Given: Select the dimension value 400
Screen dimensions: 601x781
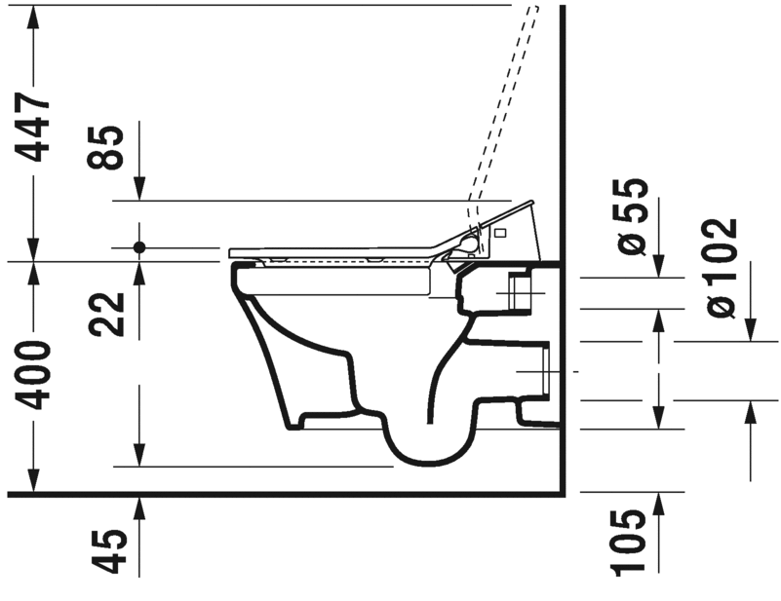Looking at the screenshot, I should [x=35, y=375].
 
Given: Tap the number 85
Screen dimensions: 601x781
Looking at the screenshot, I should [x=109, y=147].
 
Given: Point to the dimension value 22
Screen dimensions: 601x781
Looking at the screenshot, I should [x=109, y=314].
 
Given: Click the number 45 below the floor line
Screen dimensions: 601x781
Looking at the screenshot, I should [x=109, y=550].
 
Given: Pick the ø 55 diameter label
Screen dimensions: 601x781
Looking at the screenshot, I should [x=633, y=216].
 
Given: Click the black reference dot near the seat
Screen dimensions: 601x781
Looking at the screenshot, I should [x=139, y=247].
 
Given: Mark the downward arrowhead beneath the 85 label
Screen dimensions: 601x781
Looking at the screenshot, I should [x=139, y=192].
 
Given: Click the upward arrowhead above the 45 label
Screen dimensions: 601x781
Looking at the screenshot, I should [x=139, y=505].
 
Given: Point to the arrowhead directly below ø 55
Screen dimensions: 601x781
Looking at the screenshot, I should [x=659, y=267].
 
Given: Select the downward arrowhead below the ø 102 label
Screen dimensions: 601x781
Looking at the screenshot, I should [x=751, y=331].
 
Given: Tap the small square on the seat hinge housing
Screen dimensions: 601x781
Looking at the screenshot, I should [x=500, y=234].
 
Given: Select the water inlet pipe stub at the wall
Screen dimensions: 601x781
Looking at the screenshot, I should [x=520, y=290].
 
